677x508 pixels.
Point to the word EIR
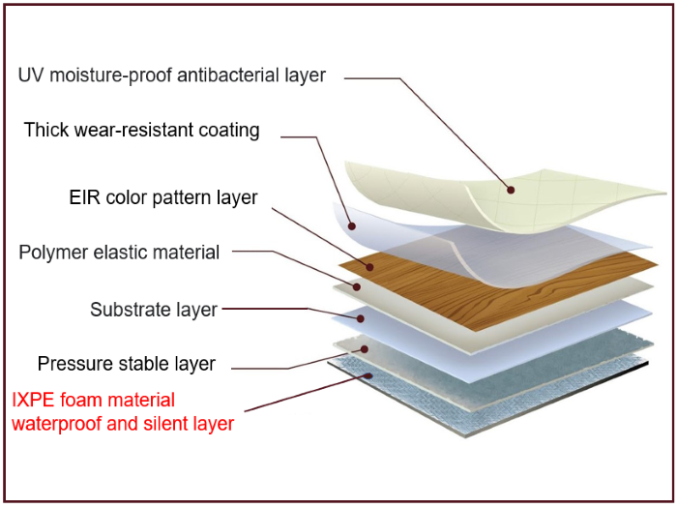click(84, 198)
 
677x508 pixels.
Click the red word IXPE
click(35, 400)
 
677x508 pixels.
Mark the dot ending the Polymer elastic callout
click(357, 286)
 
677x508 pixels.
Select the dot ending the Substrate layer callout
click(361, 317)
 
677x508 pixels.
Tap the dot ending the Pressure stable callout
click(365, 348)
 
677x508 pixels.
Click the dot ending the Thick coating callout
click(351, 226)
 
